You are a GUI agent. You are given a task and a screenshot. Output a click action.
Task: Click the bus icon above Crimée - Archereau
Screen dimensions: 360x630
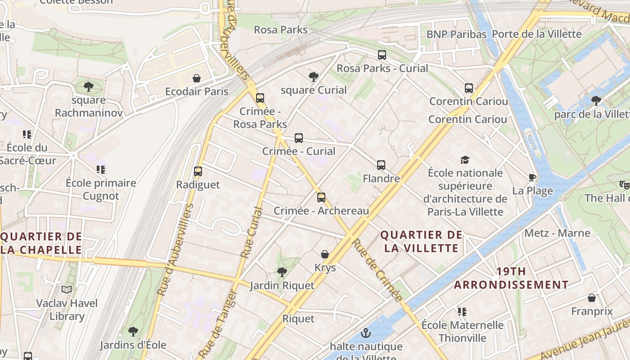click(x=321, y=197)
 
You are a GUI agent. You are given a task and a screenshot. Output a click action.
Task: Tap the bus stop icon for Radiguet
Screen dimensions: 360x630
click(x=198, y=171)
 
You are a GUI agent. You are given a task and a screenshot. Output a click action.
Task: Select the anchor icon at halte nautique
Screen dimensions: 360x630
click(x=366, y=333)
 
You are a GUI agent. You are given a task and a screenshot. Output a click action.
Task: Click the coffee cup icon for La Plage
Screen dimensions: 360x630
click(x=532, y=177)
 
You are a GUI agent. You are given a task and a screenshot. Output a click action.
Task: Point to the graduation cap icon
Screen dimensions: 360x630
click(x=465, y=160)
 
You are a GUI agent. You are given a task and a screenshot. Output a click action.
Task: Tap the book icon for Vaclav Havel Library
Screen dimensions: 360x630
click(x=67, y=289)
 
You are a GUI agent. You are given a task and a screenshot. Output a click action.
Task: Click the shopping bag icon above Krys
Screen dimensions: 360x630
click(x=325, y=255)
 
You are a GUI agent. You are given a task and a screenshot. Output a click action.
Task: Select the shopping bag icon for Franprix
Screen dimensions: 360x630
click(x=592, y=298)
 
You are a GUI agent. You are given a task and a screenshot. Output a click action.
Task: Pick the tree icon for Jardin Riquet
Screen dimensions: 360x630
click(x=282, y=272)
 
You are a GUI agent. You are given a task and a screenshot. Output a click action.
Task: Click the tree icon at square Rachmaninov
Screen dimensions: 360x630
click(x=89, y=86)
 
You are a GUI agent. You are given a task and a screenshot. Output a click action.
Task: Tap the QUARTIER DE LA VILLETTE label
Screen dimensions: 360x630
click(x=421, y=242)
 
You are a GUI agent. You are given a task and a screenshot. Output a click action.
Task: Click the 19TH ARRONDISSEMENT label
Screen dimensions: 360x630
click(x=511, y=278)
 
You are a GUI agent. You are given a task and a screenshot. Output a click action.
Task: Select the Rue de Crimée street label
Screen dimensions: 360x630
click(x=377, y=270)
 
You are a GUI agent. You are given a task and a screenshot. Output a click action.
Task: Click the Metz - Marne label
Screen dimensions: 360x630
click(x=557, y=233)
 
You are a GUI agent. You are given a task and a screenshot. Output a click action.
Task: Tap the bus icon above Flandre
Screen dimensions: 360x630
click(x=381, y=165)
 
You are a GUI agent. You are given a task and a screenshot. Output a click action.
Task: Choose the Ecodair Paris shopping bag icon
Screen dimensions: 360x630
click(x=196, y=78)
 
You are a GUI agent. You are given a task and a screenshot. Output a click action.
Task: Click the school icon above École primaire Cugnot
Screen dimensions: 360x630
click(x=101, y=170)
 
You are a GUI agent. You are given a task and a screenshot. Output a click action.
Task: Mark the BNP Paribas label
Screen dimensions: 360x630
click(x=456, y=34)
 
